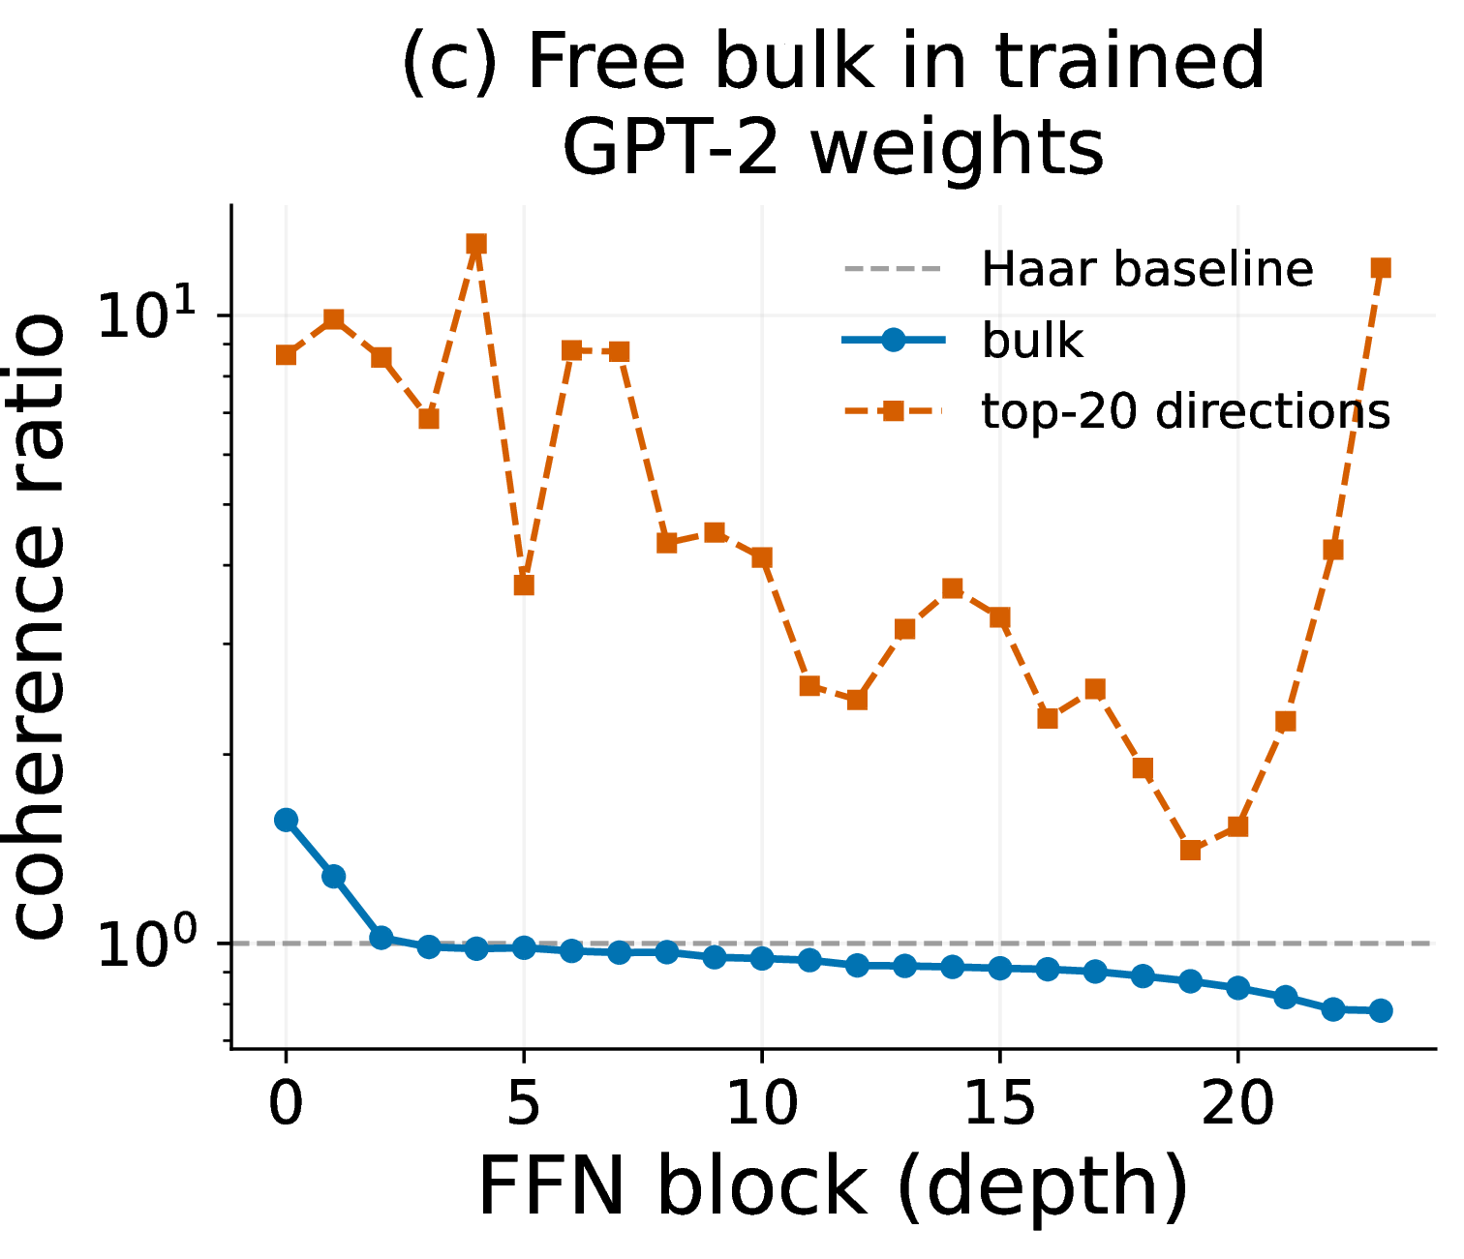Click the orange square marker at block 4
[476, 245]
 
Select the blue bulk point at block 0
[286, 820]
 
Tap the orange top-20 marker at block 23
[1381, 268]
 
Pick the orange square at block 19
[1191, 850]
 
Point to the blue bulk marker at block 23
[1381, 1010]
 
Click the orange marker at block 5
[524, 585]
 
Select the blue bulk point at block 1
[334, 876]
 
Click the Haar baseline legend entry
[1078, 270]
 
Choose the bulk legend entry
[963, 341]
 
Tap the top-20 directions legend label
[1186, 411]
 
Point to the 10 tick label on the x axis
[762, 1103]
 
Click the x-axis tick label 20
[1237, 1103]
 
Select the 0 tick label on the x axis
[287, 1103]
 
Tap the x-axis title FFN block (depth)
[833, 1186]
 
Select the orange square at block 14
[953, 588]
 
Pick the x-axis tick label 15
[999, 1103]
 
